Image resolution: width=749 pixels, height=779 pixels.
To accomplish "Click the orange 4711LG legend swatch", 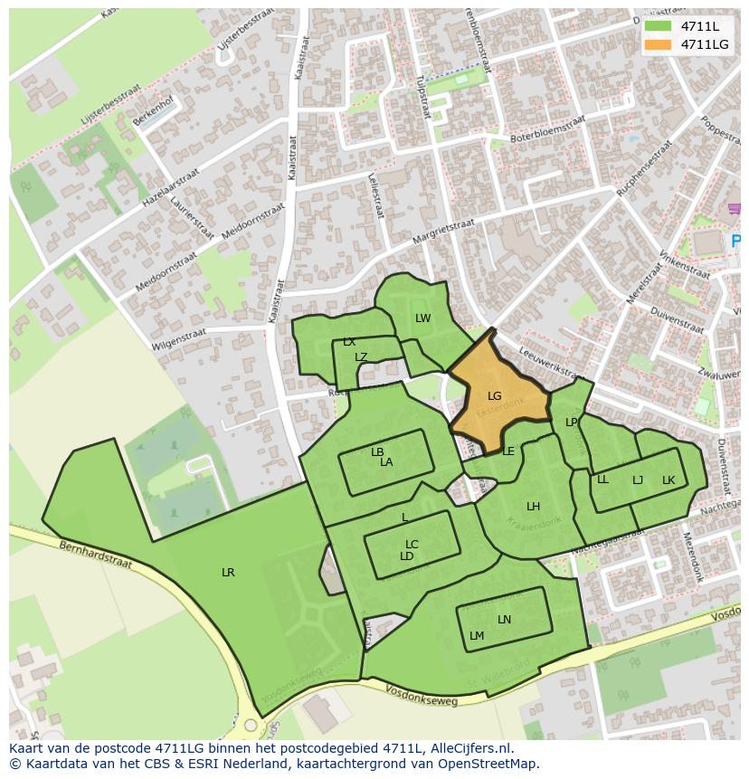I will coord(659,44).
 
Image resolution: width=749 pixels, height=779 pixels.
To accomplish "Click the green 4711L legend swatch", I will coord(659,26).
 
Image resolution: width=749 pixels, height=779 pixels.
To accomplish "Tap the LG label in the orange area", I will coord(494,396).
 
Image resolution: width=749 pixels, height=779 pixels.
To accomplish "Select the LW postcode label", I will coord(422,318).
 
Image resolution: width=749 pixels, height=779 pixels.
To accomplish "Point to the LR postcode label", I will coord(228,573).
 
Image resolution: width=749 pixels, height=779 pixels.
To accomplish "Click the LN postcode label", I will coord(504,620).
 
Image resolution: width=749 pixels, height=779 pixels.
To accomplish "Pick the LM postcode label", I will coord(477,636).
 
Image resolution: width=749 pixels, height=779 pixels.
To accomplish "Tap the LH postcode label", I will coord(533,507).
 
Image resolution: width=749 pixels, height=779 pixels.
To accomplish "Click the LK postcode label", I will coord(668,480).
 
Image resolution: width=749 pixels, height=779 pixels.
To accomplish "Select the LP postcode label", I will coord(571,423).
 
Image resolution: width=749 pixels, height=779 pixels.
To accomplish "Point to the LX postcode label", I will coord(349,342).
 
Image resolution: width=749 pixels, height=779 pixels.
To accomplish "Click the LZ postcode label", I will coord(361,357).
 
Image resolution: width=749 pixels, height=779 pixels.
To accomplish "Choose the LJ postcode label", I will coord(638,480).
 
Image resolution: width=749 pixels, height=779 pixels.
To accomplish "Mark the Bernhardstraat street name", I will coord(95,556).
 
